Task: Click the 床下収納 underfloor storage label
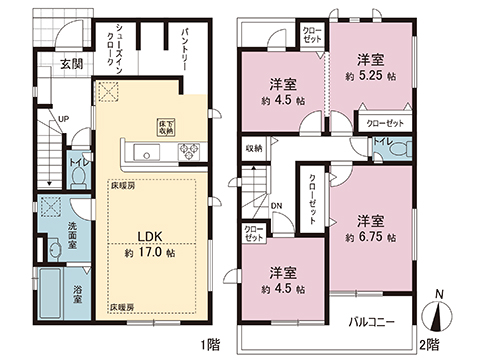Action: [x=165, y=126]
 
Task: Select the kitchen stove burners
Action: [x=188, y=152]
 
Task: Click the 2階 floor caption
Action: [x=427, y=345]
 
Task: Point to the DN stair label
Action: [x=275, y=208]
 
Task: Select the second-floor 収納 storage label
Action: [x=254, y=148]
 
